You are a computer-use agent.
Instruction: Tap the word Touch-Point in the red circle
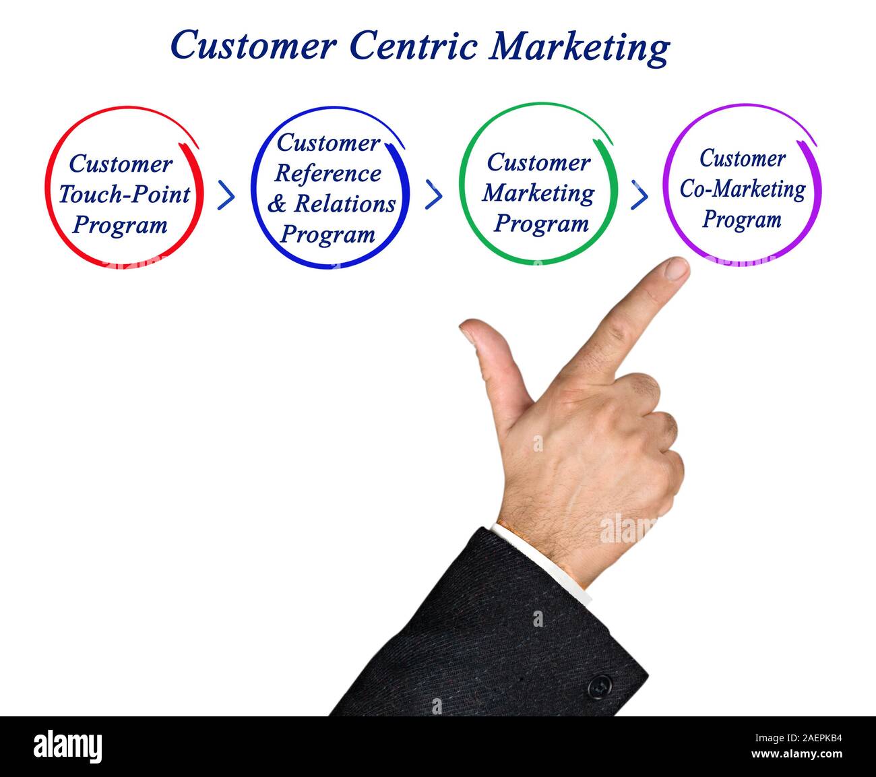[124, 195]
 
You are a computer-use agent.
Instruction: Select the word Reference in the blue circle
[327, 174]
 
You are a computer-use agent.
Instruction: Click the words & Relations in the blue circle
[332, 204]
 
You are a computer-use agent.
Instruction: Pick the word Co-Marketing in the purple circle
[742, 189]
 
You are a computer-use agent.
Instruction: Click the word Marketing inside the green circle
[538, 193]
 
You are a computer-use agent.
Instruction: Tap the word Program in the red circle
[120, 225]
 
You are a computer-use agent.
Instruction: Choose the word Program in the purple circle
[741, 220]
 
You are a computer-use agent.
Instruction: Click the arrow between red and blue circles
[227, 195]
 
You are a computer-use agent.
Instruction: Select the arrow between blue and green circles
[435, 195]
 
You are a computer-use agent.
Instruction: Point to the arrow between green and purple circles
[639, 195]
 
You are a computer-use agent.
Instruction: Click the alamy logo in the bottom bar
[68, 747]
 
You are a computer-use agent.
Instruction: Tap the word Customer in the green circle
[538, 163]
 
